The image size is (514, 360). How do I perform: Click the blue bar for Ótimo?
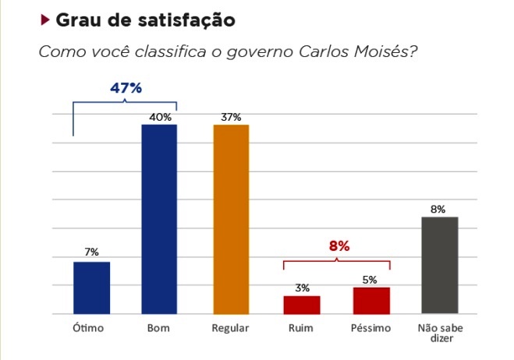(x=91, y=288)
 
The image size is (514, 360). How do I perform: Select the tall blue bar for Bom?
(x=158, y=219)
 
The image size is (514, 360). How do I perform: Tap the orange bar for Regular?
(x=230, y=219)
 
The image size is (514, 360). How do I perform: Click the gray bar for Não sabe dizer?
(x=439, y=265)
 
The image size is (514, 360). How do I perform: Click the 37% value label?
(x=231, y=117)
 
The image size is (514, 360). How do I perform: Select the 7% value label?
(x=91, y=252)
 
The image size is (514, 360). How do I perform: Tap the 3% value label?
(x=302, y=288)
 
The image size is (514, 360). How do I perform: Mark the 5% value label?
(x=370, y=279)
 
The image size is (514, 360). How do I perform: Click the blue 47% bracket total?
(x=126, y=88)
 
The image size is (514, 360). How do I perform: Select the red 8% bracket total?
(x=339, y=246)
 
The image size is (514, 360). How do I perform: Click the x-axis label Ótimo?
(x=88, y=328)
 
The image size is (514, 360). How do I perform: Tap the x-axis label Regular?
(x=230, y=328)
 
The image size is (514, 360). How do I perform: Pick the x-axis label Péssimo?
(x=370, y=328)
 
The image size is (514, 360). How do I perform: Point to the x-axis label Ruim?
(x=302, y=328)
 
